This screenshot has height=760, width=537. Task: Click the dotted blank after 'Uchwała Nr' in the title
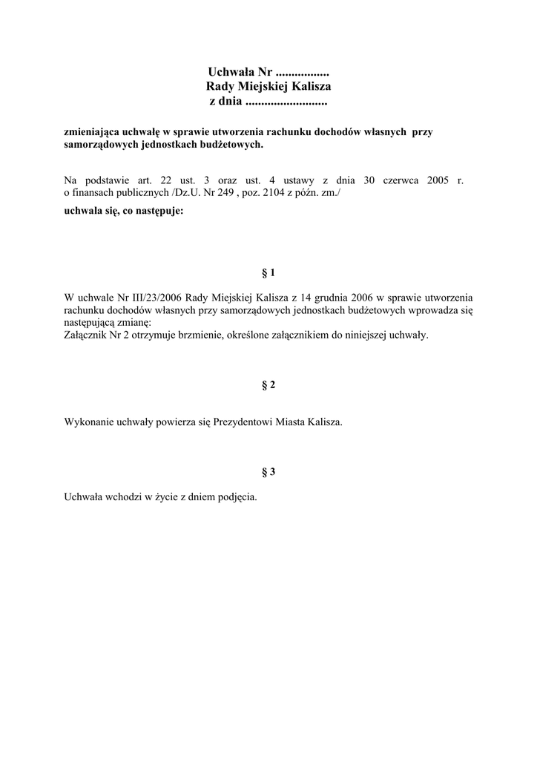tap(302, 73)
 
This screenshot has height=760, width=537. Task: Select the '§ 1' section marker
tap(268, 272)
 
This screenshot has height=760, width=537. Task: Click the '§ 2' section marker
tap(268, 384)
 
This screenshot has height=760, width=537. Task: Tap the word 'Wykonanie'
tap(89, 422)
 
